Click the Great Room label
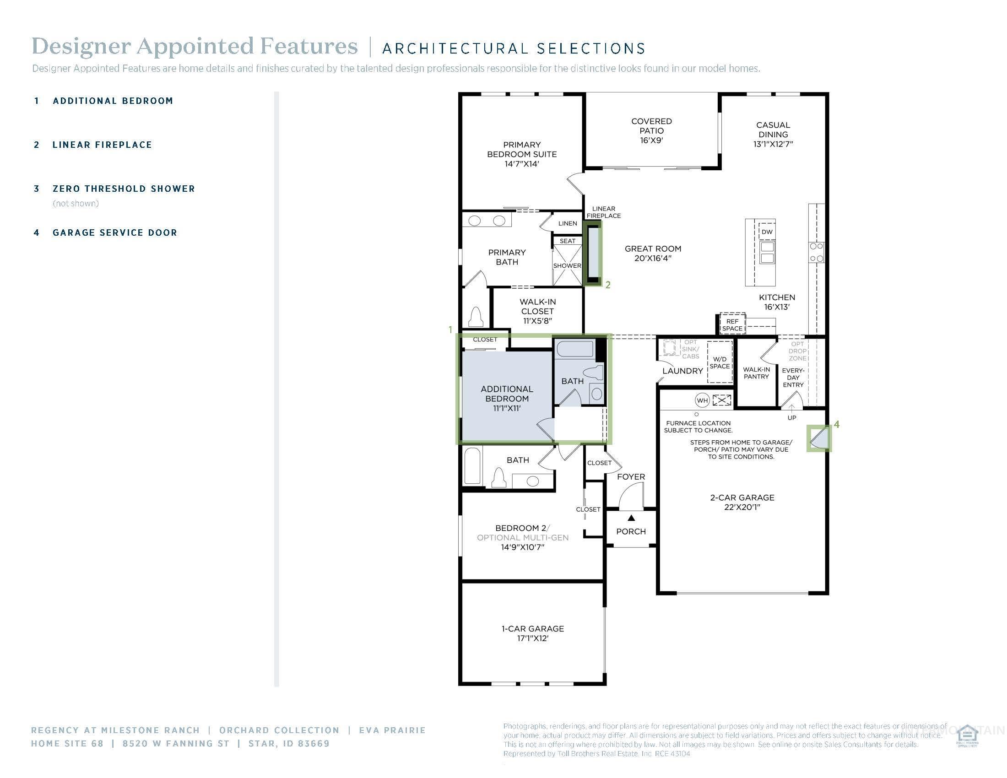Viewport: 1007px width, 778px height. [x=652, y=253]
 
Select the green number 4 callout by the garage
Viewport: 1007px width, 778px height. [x=836, y=425]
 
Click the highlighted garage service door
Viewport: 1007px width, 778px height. [x=819, y=438]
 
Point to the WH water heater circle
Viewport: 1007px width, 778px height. [x=702, y=400]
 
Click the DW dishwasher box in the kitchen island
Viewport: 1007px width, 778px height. [x=766, y=232]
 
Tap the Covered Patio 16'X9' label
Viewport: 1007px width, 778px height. [x=651, y=130]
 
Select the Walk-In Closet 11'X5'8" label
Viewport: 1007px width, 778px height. [x=537, y=311]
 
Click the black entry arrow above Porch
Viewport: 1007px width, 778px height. [x=631, y=518]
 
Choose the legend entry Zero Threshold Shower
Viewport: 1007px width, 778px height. [x=124, y=189]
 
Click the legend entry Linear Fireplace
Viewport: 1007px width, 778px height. [x=102, y=145]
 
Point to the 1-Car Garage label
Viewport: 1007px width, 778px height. [x=532, y=633]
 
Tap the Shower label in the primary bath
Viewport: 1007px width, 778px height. [x=567, y=266]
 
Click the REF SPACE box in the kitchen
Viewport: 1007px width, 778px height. [x=732, y=324]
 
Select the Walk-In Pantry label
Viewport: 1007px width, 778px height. [x=756, y=373]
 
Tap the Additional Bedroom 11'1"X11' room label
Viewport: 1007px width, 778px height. [x=507, y=398]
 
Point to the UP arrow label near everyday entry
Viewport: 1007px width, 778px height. [x=792, y=417]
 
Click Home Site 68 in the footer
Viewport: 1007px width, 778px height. [x=67, y=743]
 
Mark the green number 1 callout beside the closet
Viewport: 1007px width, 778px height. [x=450, y=330]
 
